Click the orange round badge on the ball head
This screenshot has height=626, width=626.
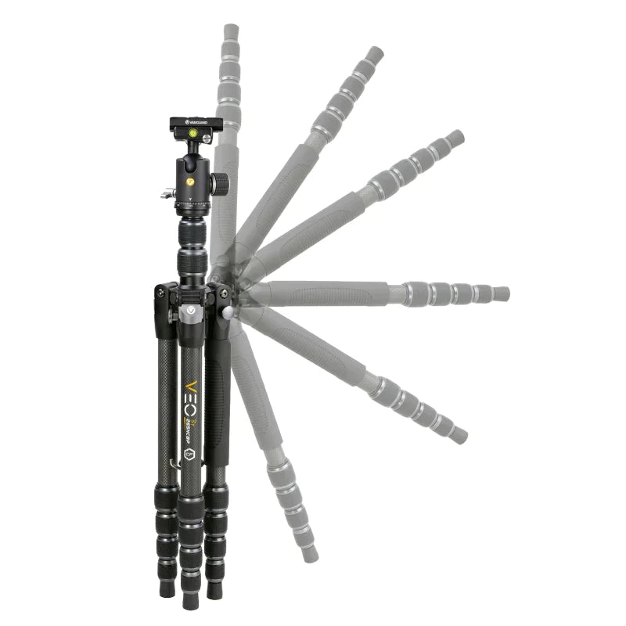(189, 181)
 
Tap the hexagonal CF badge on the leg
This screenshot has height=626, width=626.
(188, 454)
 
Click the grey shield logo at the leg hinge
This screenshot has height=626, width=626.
(189, 311)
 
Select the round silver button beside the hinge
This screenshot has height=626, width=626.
(228, 312)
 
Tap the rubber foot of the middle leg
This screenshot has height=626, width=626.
(189, 601)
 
